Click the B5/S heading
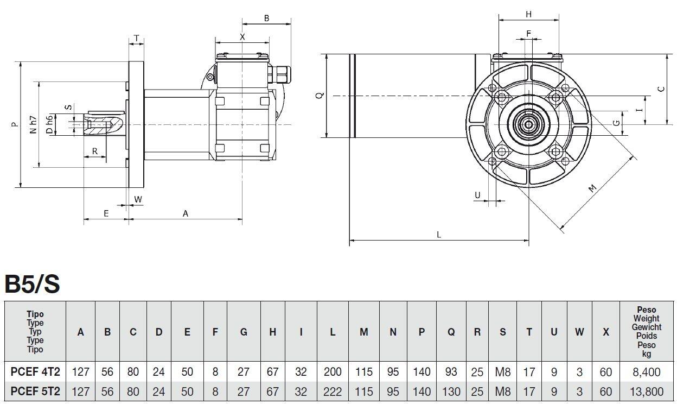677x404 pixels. (x=32, y=283)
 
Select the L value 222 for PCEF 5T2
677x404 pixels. (x=332, y=392)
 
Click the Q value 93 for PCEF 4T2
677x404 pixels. (x=451, y=372)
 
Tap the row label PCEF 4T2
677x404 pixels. (x=35, y=372)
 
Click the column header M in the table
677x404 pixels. (x=363, y=332)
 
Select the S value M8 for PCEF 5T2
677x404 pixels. (x=502, y=392)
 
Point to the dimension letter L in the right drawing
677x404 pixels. (x=439, y=235)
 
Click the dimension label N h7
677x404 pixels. (x=34, y=125)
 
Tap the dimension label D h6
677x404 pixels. (x=49, y=125)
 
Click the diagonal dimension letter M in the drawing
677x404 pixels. (x=592, y=188)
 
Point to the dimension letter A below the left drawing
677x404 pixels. (x=185, y=213)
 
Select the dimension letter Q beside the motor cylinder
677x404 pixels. (x=320, y=96)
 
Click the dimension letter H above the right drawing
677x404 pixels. (x=528, y=14)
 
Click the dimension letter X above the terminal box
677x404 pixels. (x=242, y=37)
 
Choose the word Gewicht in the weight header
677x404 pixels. (x=646, y=327)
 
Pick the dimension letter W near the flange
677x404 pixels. (x=138, y=199)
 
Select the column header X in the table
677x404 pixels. (x=605, y=332)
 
